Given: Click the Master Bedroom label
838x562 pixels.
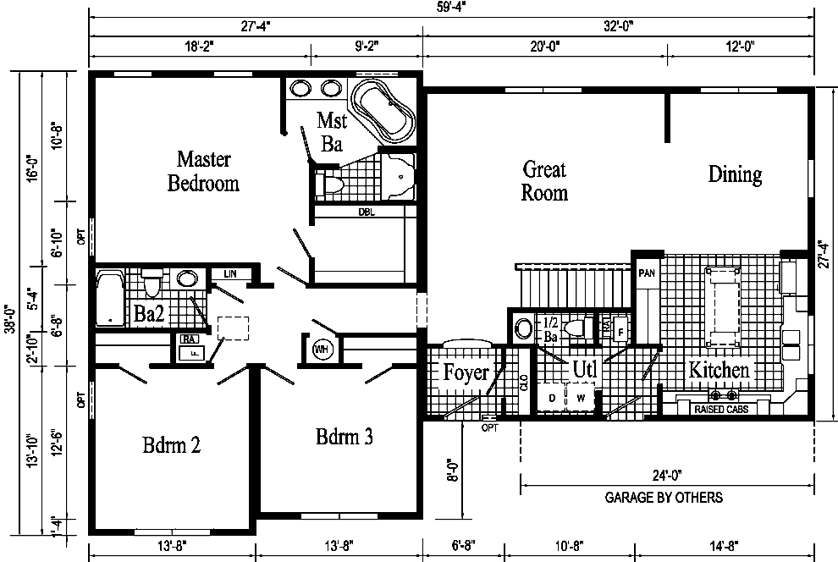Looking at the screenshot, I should point(203,170).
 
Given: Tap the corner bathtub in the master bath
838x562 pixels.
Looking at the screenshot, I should point(383,111).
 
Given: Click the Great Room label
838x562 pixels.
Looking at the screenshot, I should point(544,180).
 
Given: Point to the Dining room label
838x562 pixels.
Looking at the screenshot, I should point(735,174).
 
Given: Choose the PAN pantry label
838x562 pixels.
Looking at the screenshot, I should point(647,273).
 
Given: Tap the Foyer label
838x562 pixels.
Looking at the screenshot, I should point(466,372).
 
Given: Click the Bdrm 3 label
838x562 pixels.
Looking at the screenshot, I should point(345,437).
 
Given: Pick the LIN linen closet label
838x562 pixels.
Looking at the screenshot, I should point(229,273).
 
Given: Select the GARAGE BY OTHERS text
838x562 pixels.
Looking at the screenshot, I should point(664,498).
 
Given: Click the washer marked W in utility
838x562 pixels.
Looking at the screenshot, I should point(582,396).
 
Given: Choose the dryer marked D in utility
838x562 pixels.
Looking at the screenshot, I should point(551,396).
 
